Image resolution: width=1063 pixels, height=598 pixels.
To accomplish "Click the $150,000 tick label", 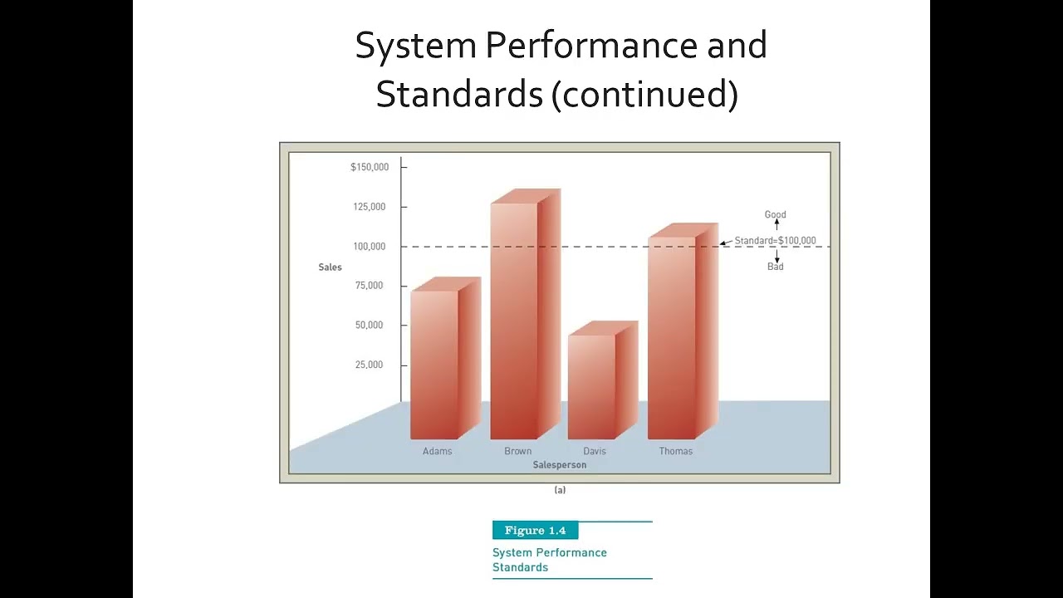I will pyautogui.click(x=370, y=167).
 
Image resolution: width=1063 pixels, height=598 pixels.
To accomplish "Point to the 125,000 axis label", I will pyautogui.click(x=370, y=207).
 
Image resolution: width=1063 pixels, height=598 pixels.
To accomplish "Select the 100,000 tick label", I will pyautogui.click(x=370, y=247).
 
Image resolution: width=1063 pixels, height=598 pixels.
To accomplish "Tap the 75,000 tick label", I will pyautogui.click(x=370, y=286).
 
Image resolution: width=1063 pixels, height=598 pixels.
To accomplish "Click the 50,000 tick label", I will pyautogui.click(x=370, y=326).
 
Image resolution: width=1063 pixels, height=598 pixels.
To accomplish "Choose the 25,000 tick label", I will pyautogui.click(x=370, y=365).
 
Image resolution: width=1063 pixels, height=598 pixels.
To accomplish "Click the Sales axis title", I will pyautogui.click(x=330, y=267).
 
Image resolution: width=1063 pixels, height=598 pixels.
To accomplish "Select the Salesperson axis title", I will pyautogui.click(x=560, y=465).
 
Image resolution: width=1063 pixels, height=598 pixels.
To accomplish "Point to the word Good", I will pyautogui.click(x=775, y=214).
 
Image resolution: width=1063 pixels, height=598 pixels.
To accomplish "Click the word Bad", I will pyautogui.click(x=775, y=267).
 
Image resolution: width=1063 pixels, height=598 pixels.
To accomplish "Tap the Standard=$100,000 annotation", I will pyautogui.click(x=775, y=241).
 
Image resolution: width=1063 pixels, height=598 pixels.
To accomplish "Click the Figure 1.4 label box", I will pyautogui.click(x=535, y=531).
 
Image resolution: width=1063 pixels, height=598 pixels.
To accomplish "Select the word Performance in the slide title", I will pyautogui.click(x=591, y=46).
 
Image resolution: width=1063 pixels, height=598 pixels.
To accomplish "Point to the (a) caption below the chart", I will pyautogui.click(x=560, y=490).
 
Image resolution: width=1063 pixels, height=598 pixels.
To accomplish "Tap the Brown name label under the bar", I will pyautogui.click(x=517, y=451).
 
